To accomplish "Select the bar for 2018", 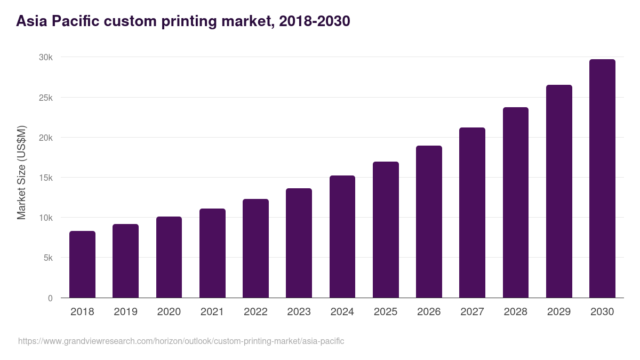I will coord(82,265).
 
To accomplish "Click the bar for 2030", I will coord(602,179).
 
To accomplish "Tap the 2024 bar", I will coord(342,237).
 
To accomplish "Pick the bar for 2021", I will coord(212,253).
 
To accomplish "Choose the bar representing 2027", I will coord(472,213).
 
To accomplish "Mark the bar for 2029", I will coord(559,191).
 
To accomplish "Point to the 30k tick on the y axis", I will coord(45,58).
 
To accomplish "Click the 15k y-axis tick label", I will coord(45,178).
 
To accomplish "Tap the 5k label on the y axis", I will coord(47,258).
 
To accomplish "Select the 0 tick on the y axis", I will coord(50,298).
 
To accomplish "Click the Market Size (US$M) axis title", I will coord(21,172).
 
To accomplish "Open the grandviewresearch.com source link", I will coord(181,341).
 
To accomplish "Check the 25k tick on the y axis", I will coord(45,98).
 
